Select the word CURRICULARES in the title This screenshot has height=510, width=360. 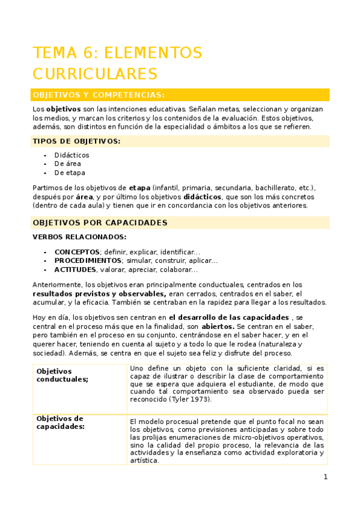(x=94, y=74)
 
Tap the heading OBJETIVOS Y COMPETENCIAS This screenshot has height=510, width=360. (x=99, y=95)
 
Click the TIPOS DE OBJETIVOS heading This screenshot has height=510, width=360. (x=76, y=141)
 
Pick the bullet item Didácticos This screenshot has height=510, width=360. (x=72, y=155)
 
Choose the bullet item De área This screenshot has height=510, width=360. (x=67, y=164)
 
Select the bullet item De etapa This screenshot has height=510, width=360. (x=69, y=173)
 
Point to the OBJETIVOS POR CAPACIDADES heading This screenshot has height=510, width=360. (x=100, y=223)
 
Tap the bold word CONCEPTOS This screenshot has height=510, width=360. (x=77, y=251)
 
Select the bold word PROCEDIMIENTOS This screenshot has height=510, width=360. (x=88, y=260)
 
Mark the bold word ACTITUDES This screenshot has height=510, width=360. (x=75, y=270)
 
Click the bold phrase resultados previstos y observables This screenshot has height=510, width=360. (x=99, y=293)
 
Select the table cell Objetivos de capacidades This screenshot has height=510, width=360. (x=60, y=422)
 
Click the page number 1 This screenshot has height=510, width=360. (x=326, y=477)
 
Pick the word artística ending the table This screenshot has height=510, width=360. (x=144, y=461)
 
